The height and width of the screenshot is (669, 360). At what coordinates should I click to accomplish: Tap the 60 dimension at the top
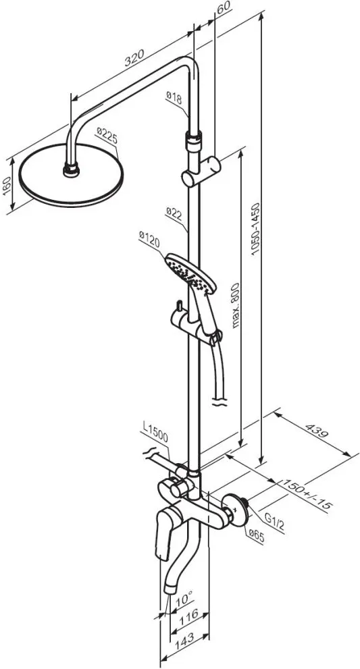(x=224, y=7)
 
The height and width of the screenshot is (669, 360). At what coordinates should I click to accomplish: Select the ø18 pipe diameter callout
(x=174, y=99)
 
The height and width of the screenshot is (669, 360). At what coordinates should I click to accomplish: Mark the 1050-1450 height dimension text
(x=255, y=229)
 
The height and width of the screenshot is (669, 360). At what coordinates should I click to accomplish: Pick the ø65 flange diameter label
(x=256, y=536)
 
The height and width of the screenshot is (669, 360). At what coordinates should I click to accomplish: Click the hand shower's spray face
(x=190, y=273)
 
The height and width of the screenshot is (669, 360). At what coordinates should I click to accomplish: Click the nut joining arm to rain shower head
(x=72, y=169)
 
